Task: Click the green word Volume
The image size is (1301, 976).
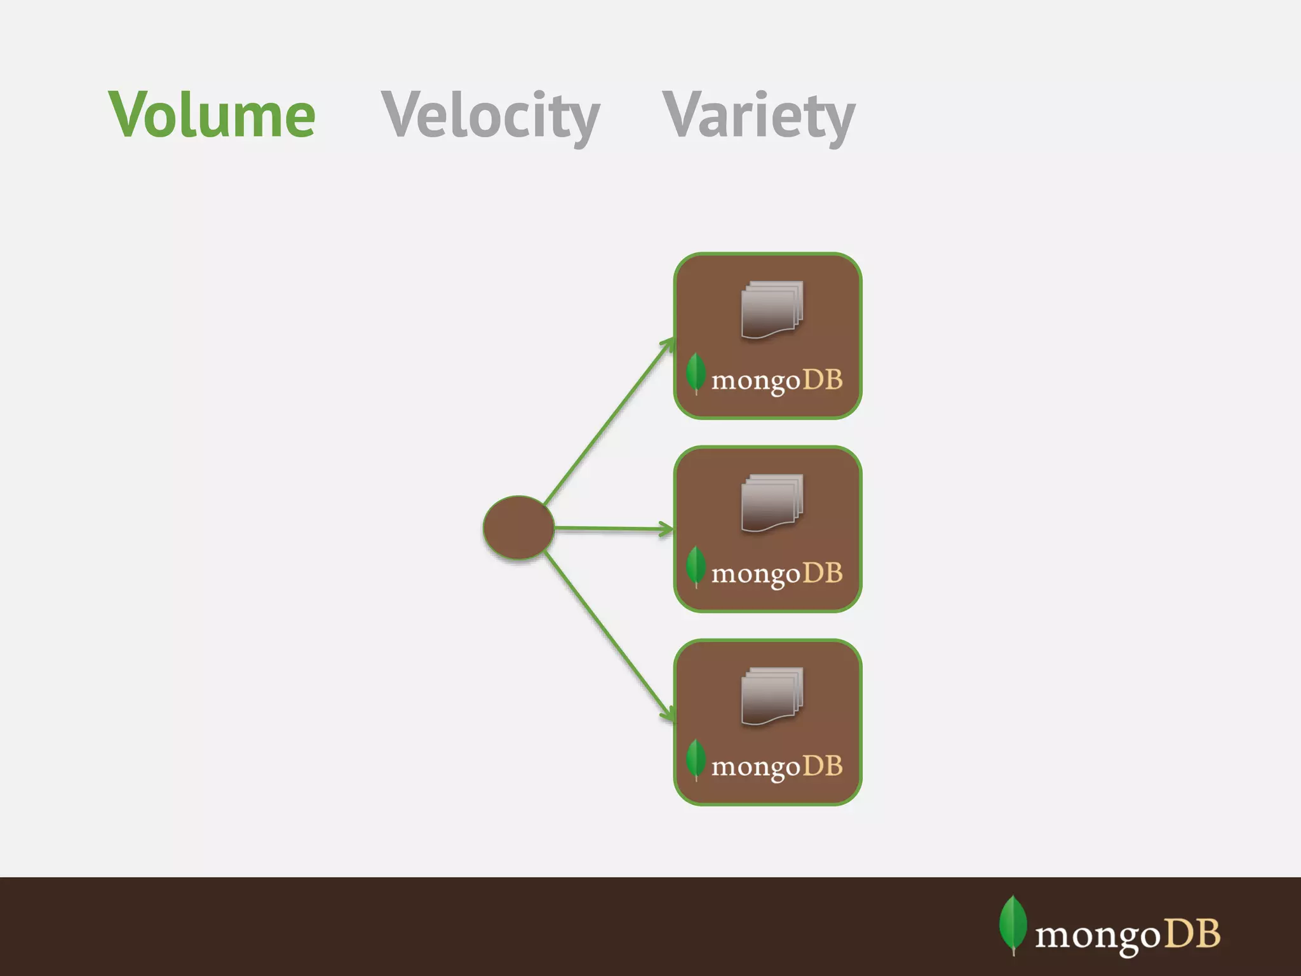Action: pyautogui.click(x=212, y=115)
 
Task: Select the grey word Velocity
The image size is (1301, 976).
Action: pyautogui.click(x=490, y=116)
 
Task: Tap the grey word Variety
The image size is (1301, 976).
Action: pyautogui.click(x=758, y=116)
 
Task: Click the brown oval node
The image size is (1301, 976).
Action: pyautogui.click(x=518, y=527)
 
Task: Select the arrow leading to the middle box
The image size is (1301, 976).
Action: pyautogui.click(x=610, y=528)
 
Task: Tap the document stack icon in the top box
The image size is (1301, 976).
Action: pyautogui.click(x=772, y=309)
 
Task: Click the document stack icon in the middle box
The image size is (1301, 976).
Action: pyautogui.click(x=772, y=503)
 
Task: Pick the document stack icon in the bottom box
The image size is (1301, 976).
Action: pyautogui.click(x=772, y=696)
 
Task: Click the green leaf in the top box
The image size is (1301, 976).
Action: pyautogui.click(x=696, y=373)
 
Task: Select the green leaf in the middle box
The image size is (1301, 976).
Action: pyautogui.click(x=696, y=566)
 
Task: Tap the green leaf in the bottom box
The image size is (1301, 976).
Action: pyautogui.click(x=696, y=759)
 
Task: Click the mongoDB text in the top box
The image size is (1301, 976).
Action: pyautogui.click(x=777, y=381)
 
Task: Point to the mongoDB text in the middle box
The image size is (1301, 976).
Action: pyautogui.click(x=777, y=574)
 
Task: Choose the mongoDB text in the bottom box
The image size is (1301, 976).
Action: pyautogui.click(x=777, y=767)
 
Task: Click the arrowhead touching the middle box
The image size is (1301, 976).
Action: pyautogui.click(x=666, y=529)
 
